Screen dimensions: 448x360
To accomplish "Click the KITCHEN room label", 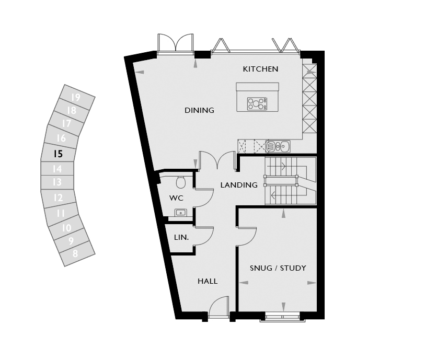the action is [260, 69].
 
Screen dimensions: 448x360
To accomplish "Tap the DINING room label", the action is [199, 110].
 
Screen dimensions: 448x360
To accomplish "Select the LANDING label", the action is [239, 185].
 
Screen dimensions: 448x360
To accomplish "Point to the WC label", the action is [176, 198].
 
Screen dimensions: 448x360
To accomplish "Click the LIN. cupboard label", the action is [181, 237].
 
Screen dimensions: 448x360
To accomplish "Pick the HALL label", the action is [208, 281].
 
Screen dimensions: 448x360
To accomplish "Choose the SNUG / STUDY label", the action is [278, 268].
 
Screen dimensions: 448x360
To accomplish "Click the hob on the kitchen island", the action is [257, 103].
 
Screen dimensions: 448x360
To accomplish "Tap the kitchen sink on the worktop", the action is [278, 146].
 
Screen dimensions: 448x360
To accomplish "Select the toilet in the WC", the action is [181, 182].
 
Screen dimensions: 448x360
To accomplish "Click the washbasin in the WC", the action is [180, 213].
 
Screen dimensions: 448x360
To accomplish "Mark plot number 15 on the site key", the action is [58, 154].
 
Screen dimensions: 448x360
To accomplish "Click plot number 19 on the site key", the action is [76, 98].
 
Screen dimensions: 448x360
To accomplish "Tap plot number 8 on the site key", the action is [75, 253].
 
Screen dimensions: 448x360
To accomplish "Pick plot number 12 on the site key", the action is [58, 198].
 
